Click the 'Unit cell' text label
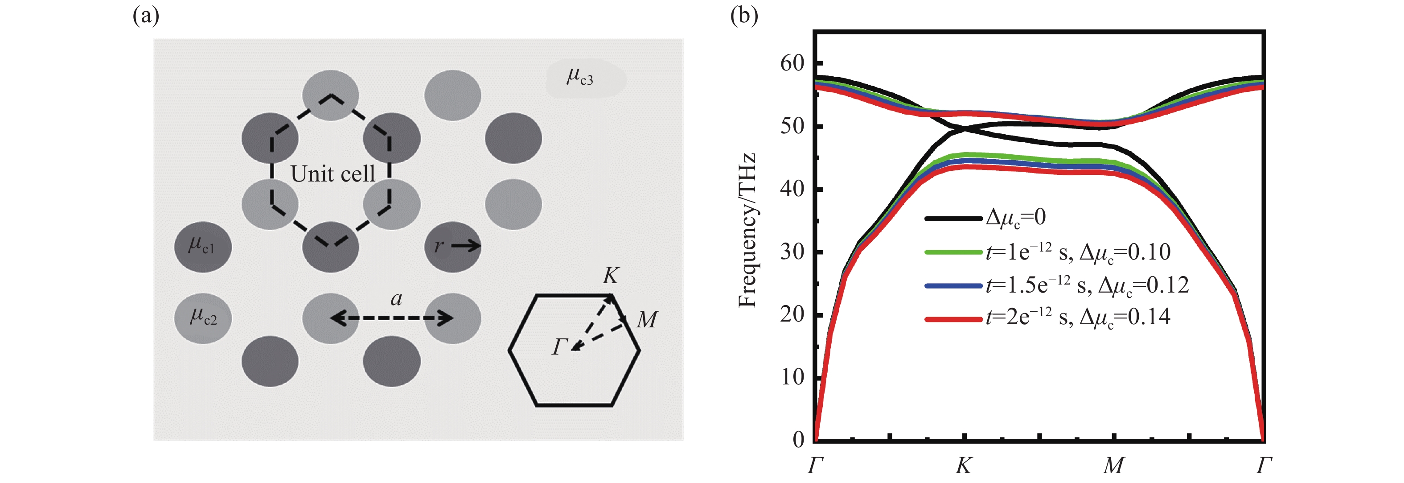point(333,174)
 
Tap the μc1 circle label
point(201,245)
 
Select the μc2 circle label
point(203,317)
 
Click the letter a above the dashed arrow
point(396,299)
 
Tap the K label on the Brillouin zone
point(611,276)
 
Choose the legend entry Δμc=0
point(1015,218)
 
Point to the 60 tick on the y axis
point(792,63)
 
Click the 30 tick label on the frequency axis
point(792,252)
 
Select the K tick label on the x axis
point(964,466)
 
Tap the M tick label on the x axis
point(1113,466)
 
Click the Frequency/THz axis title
point(747,230)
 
